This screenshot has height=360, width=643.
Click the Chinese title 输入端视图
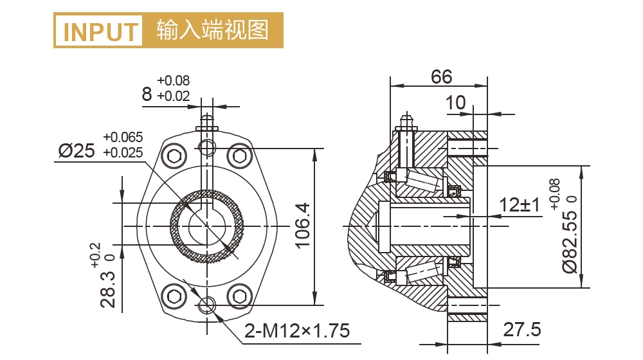point(212,30)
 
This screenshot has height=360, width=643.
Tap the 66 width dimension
point(442,77)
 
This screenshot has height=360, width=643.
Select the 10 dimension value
point(455,103)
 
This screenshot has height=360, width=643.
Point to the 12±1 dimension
point(520,206)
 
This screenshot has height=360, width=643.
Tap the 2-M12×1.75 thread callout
point(297,331)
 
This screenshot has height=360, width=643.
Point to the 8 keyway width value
point(147,96)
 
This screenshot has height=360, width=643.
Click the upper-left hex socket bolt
point(176,156)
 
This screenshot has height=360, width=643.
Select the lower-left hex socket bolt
point(176,296)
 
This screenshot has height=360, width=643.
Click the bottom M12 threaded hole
point(208,305)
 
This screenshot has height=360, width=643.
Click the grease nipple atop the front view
point(207,120)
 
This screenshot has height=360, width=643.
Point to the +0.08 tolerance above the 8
point(173,81)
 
